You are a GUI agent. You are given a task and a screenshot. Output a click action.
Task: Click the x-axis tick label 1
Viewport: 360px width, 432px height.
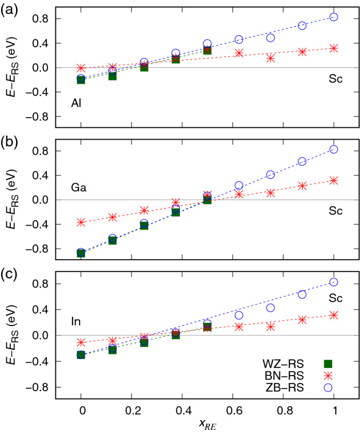334,410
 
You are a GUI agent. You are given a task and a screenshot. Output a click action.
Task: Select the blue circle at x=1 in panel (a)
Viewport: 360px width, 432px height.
334,17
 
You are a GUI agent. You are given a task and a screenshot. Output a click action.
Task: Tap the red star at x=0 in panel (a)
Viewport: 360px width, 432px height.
81,68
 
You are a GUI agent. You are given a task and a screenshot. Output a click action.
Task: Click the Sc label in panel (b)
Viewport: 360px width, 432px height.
336,212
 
